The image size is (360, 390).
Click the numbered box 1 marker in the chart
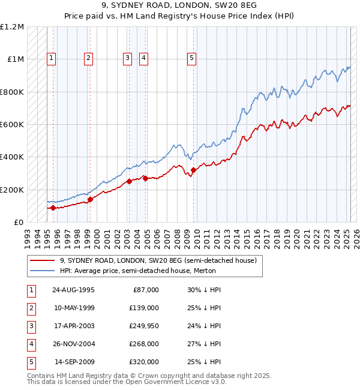coord(52,58)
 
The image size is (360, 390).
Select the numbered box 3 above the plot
coord(128,58)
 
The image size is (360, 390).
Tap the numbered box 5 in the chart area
coord(191,58)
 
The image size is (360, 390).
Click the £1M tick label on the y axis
coord(14,59)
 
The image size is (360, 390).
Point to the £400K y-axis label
coord(12,157)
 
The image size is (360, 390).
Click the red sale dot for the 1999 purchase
coord(90,199)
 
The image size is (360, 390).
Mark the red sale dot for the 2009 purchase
coord(193,170)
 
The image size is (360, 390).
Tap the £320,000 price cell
coord(144,362)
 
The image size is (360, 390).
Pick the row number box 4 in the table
coord(31,344)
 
